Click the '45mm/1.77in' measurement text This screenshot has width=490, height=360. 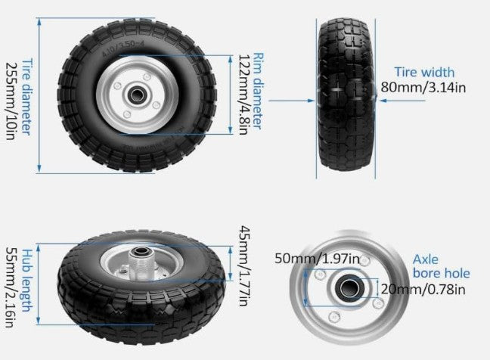pyautogui.click(x=243, y=265)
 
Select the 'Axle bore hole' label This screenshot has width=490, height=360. pyautogui.click(x=442, y=265)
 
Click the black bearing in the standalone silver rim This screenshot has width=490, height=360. pyautogui.click(x=351, y=287)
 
